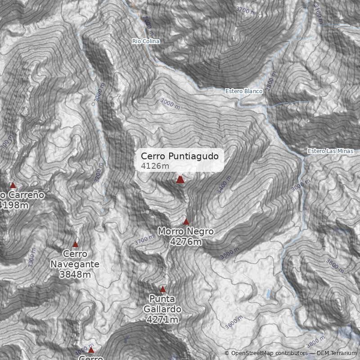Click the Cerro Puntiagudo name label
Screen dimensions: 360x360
click(180, 156)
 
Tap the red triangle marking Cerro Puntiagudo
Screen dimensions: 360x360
click(180, 180)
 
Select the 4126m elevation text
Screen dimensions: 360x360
click(155, 166)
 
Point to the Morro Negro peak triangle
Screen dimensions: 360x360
click(186, 222)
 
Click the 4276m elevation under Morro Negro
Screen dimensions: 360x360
click(185, 242)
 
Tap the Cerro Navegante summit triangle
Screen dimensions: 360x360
click(75, 244)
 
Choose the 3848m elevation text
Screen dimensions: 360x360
click(75, 274)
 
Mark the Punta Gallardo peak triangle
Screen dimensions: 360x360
click(163, 289)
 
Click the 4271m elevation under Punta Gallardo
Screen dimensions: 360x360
click(162, 319)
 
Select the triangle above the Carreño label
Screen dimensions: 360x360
click(13, 185)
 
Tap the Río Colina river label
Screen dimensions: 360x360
click(146, 41)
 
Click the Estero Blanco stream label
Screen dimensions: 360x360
click(244, 91)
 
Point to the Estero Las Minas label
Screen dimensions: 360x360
click(331, 151)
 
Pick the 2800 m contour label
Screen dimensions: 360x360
click(271, 81)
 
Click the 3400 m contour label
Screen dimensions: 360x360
click(223, 185)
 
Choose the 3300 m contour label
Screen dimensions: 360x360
click(31, 257)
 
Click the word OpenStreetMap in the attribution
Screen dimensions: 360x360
click(252, 353)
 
